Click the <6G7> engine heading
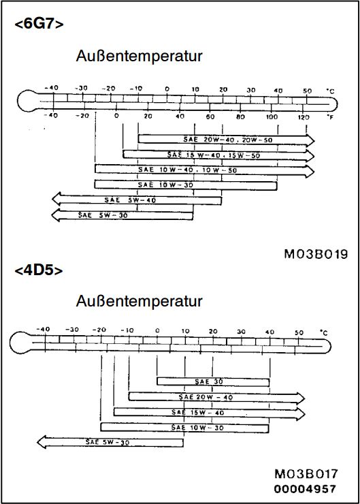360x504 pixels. click(x=39, y=24)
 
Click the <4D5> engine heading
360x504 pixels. click(x=39, y=270)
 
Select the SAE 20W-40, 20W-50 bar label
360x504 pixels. click(x=228, y=140)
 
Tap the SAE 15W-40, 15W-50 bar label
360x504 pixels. click(x=214, y=155)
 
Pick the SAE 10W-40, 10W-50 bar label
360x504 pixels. click(x=188, y=170)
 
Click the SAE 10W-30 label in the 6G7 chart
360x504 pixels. click(x=166, y=185)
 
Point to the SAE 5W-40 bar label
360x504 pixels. click(x=130, y=200)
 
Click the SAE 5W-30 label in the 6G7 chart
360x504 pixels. click(x=103, y=215)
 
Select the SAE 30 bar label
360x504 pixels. click(x=209, y=381)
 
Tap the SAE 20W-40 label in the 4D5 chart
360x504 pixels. click(x=206, y=397)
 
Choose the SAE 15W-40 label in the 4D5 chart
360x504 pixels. click(x=197, y=412)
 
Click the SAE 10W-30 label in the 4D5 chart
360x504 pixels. click(x=197, y=428)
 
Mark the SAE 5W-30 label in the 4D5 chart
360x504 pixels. click(x=108, y=442)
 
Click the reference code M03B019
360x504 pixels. click(x=316, y=254)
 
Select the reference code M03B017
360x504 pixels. click(x=306, y=474)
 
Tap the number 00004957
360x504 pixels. click(x=305, y=489)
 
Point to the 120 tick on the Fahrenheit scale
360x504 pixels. click(x=304, y=117)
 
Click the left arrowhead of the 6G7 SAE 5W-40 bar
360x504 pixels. click(x=56, y=200)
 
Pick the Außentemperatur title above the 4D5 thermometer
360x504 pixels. click(x=139, y=301)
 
